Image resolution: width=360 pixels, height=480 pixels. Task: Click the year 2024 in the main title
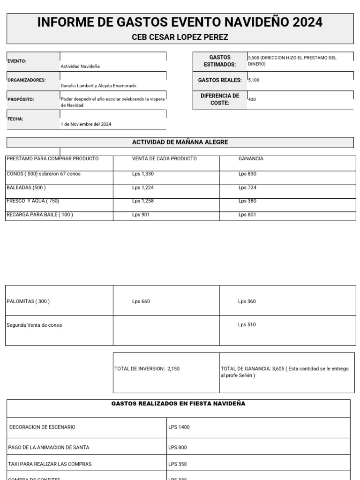coord(307,22)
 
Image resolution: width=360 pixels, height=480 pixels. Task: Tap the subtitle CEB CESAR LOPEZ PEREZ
coord(180,37)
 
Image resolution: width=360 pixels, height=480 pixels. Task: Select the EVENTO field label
coord(17,61)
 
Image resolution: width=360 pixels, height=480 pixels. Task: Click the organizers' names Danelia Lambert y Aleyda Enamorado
coord(98,86)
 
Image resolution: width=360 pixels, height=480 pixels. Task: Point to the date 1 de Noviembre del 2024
coord(86,124)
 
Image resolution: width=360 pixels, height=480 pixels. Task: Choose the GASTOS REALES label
coord(220,80)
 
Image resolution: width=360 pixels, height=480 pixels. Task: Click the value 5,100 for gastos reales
coord(254,80)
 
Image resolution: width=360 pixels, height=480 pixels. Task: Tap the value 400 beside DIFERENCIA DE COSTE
coord(252,99)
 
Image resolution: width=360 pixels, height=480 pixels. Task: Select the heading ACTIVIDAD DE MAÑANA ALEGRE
coord(180,142)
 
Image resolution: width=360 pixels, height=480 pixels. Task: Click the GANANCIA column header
coord(251,159)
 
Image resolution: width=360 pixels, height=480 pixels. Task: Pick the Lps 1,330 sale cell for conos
coord(143,174)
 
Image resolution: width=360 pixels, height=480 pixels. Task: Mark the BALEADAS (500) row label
coord(26,187)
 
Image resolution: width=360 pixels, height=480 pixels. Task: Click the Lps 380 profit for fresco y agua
coord(247,201)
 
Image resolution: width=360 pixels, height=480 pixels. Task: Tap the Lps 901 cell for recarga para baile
coord(141,215)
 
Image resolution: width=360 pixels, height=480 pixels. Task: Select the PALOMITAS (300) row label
coord(28,301)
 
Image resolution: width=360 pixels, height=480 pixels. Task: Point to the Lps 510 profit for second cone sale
coord(247,325)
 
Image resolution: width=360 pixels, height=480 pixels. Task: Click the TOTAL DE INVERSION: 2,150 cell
coord(147,369)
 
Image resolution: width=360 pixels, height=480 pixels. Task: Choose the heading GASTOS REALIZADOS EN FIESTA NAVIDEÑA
coord(178,404)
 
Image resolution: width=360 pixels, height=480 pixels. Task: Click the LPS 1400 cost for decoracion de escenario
coord(179,427)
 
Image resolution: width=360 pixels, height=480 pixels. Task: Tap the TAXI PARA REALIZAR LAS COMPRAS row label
coord(50,464)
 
